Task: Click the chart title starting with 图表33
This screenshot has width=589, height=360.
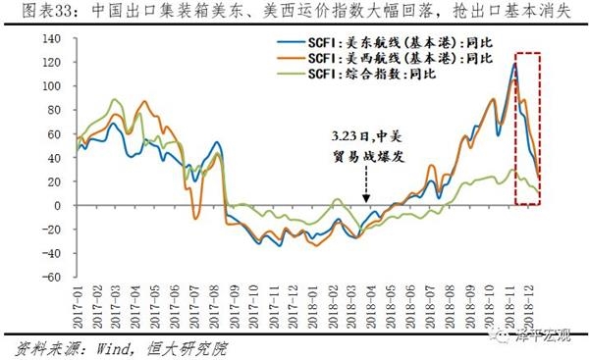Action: point(294,13)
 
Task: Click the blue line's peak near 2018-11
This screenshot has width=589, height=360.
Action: point(513,64)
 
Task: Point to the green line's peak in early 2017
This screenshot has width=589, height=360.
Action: point(115,99)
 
